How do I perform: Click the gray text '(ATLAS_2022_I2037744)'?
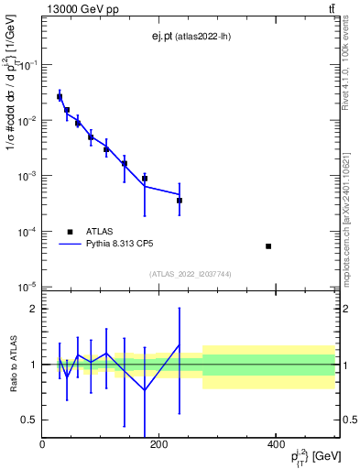click(190, 274)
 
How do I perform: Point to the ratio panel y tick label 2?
click(32, 309)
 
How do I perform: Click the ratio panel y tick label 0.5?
click(28, 420)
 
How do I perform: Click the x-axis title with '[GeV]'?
click(307, 456)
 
